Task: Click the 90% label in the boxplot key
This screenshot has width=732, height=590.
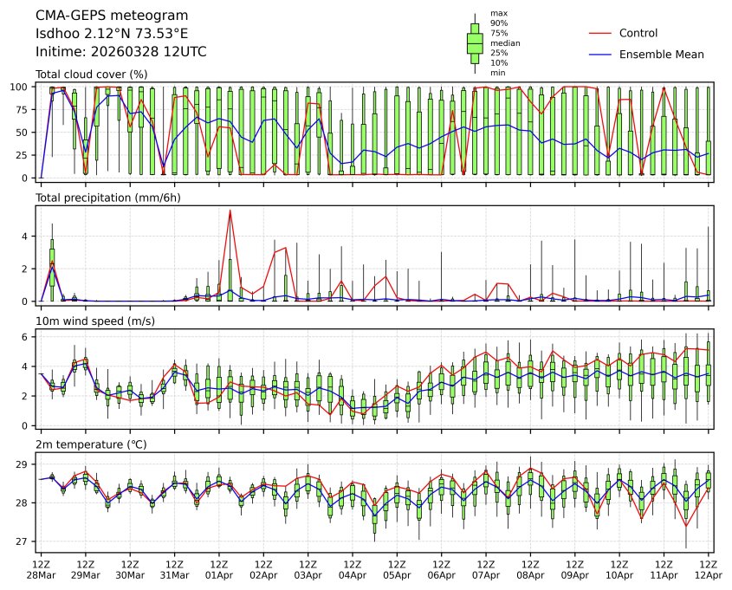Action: tap(499, 23)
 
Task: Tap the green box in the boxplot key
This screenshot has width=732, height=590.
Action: tap(475, 42)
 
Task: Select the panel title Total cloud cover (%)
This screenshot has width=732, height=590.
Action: tap(91, 75)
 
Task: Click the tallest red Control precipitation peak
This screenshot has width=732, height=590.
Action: tap(230, 210)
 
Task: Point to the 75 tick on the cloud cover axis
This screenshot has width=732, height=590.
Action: tap(25, 110)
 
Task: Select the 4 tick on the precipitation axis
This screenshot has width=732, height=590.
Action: tap(29, 236)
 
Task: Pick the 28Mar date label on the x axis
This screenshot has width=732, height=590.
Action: tap(41, 575)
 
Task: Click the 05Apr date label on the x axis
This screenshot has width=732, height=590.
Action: tap(397, 575)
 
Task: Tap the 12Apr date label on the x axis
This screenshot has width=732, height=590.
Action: tap(709, 575)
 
